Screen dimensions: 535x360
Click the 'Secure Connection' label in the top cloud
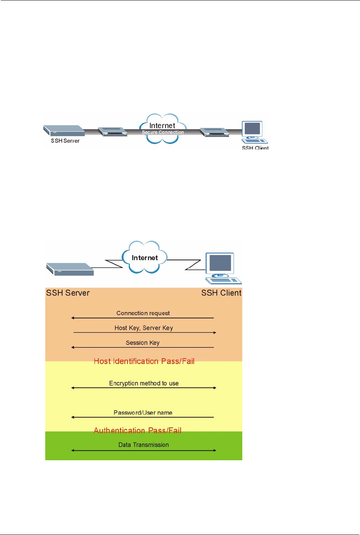click(x=163, y=132)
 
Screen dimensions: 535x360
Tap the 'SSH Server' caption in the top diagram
click(x=65, y=141)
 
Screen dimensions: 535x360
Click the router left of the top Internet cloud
click(x=112, y=131)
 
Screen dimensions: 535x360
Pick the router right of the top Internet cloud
click(x=214, y=132)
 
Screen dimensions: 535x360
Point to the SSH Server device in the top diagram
click(x=64, y=130)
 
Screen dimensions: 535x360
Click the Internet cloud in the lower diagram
click(x=145, y=258)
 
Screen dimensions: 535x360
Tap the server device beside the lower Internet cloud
click(x=70, y=269)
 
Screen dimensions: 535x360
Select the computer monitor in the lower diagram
click(x=220, y=263)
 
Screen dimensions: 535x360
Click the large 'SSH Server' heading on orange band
click(x=68, y=293)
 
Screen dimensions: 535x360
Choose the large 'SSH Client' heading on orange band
click(x=221, y=293)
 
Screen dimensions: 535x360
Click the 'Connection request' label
click(x=143, y=313)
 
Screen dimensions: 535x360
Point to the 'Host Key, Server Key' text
click(x=144, y=328)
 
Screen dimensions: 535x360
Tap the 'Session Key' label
click(x=143, y=343)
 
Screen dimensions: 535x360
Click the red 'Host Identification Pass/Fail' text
click(x=144, y=361)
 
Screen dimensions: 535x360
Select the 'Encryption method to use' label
click(x=144, y=383)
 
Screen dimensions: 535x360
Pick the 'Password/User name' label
click(x=143, y=413)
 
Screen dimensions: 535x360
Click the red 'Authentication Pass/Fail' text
click(x=138, y=430)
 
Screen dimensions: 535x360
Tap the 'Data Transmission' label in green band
click(x=143, y=445)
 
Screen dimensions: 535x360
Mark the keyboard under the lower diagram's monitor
click(x=224, y=281)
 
